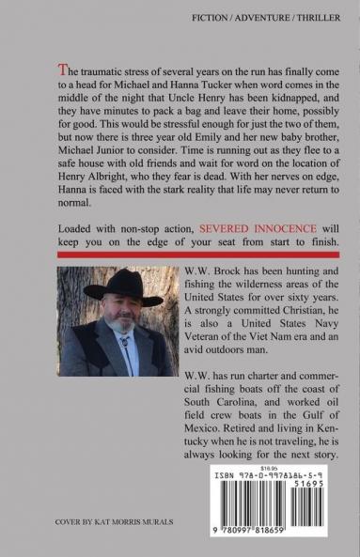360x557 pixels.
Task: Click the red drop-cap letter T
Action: (62, 70)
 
